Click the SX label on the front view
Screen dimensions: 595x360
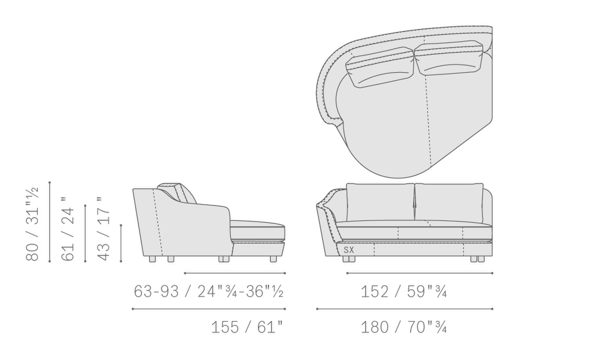click(349, 250)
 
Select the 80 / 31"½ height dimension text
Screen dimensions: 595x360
click(33, 224)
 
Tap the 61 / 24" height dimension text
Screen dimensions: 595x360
click(67, 229)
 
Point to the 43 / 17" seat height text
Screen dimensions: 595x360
click(103, 229)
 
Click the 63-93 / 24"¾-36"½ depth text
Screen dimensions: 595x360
click(209, 291)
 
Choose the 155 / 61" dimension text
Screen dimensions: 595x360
click(247, 327)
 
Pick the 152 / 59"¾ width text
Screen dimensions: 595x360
click(403, 291)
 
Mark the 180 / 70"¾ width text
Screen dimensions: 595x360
click(403, 327)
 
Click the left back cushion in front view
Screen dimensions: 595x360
click(380, 202)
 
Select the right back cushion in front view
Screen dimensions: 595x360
click(449, 203)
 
